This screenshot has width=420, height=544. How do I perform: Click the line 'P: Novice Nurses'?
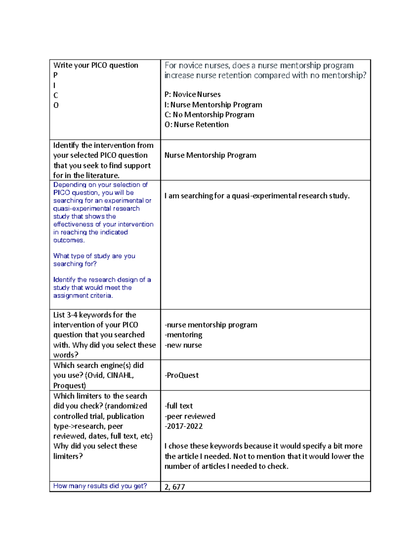192,95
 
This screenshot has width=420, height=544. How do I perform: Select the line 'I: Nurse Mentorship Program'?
213,105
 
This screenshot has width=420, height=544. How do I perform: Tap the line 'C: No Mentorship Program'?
209,115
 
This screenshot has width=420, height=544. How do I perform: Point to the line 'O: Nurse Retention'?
196,125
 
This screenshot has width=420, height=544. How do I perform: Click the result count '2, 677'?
175,487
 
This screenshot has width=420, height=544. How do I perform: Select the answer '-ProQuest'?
181,376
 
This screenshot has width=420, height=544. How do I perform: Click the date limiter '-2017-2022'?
183,426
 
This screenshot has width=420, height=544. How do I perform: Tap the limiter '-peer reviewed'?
190,416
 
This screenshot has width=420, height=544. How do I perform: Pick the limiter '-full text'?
178,406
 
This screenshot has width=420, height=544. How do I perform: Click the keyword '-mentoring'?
183,335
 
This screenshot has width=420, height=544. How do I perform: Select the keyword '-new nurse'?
183,345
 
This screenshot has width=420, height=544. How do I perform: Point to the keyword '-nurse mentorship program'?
211,325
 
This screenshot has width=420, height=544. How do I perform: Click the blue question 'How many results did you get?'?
100,486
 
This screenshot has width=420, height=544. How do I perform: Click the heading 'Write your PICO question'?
96,65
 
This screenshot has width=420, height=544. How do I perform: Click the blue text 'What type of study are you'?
94,256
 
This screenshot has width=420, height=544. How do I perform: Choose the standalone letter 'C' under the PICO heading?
56,95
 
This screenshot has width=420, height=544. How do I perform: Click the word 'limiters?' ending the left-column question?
68,456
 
